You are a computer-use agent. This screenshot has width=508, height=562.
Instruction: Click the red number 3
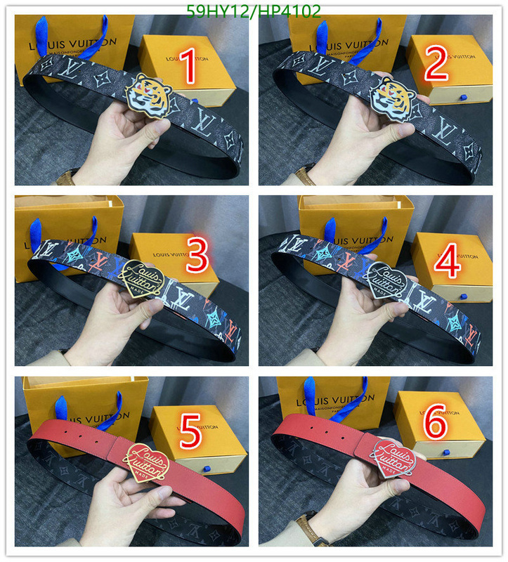197,256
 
